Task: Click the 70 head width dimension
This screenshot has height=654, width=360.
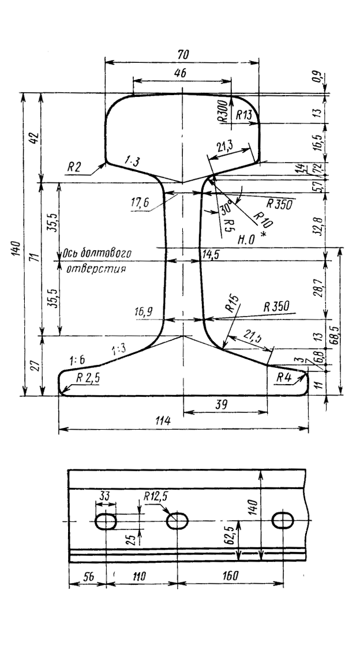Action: click(x=184, y=54)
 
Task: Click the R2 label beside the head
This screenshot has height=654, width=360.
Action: click(x=74, y=166)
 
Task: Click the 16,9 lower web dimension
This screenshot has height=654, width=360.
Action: click(x=145, y=311)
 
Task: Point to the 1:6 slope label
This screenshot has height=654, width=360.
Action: click(x=77, y=360)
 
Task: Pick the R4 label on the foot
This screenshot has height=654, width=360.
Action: click(x=283, y=378)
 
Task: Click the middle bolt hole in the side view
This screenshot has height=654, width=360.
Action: click(x=178, y=521)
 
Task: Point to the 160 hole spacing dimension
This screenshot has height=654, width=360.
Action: click(x=232, y=576)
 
